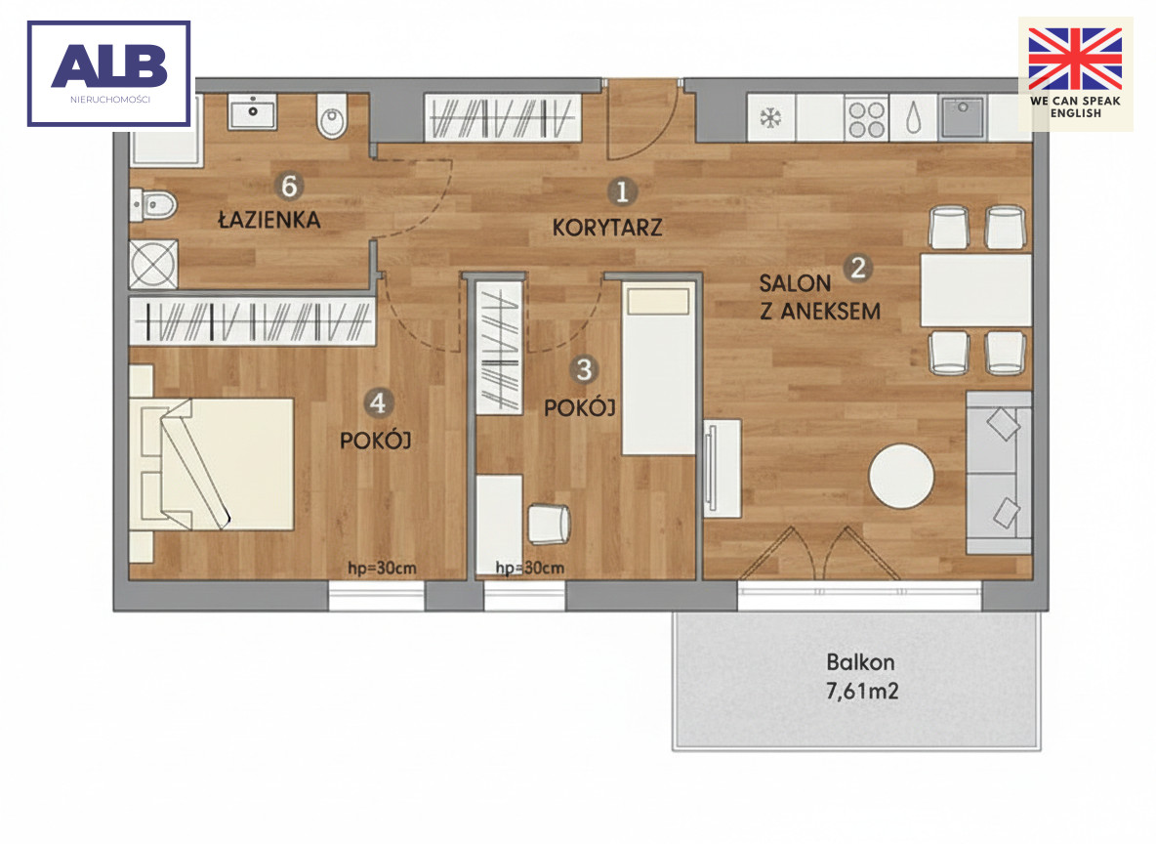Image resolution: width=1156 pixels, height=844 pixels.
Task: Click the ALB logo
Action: pyautogui.click(x=109, y=74)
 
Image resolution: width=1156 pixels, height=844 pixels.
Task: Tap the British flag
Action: pyautogui.click(x=1075, y=59)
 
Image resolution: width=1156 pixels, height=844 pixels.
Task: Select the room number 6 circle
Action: pyautogui.click(x=289, y=186)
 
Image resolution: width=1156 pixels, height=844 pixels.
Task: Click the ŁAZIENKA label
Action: pyautogui.click(x=269, y=219)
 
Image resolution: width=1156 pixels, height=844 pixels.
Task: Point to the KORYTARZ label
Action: pyautogui.click(x=606, y=228)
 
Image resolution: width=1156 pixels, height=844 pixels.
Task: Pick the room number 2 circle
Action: pyautogui.click(x=857, y=267)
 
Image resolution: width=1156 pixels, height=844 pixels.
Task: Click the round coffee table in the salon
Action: pyautogui.click(x=901, y=476)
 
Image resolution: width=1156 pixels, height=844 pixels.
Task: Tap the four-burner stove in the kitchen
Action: pyautogui.click(x=865, y=119)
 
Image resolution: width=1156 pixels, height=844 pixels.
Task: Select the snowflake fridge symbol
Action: pyautogui.click(x=770, y=118)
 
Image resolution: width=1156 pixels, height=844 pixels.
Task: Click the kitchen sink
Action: pyautogui.click(x=963, y=117)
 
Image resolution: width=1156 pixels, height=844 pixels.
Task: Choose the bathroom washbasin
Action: pyautogui.click(x=252, y=112)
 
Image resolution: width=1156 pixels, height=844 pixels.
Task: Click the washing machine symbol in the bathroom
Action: pyautogui.click(x=153, y=264)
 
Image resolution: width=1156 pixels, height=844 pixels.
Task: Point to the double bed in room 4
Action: pyautogui.click(x=212, y=464)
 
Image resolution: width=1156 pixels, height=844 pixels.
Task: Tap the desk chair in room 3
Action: pyautogui.click(x=550, y=523)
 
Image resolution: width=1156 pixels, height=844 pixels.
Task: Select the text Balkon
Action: pyautogui.click(x=860, y=661)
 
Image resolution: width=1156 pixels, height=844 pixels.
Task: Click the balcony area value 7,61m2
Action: pyautogui.click(x=862, y=692)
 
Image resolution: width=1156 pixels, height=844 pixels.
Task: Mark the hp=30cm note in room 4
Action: pyautogui.click(x=382, y=569)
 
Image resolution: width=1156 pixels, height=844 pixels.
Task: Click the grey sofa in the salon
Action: pyautogui.click(x=999, y=473)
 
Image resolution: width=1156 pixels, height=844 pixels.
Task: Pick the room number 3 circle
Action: pyautogui.click(x=584, y=369)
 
